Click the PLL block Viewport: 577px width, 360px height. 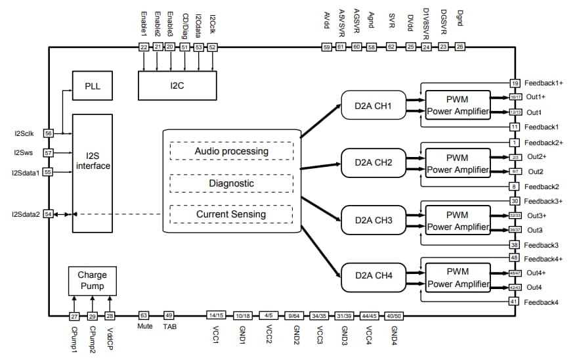point(92,86)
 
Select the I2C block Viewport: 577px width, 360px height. point(177,85)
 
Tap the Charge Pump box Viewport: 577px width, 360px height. point(91,281)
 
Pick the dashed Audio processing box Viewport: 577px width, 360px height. point(231,151)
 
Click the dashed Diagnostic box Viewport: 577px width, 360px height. point(231,183)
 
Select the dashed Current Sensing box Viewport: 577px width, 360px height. point(231,214)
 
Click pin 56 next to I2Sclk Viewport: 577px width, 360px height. point(48,133)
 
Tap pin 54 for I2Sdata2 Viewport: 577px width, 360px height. point(48,214)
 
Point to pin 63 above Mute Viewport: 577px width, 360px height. point(144,315)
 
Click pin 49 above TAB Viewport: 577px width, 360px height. point(169,315)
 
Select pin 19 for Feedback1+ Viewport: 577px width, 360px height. point(515,83)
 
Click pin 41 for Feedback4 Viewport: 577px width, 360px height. point(515,302)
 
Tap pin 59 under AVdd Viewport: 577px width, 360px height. point(326,47)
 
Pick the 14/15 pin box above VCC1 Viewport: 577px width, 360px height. point(216,315)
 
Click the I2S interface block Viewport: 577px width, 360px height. point(93,172)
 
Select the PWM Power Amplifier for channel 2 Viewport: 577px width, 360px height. point(458,164)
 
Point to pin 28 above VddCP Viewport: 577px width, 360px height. point(110,315)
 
